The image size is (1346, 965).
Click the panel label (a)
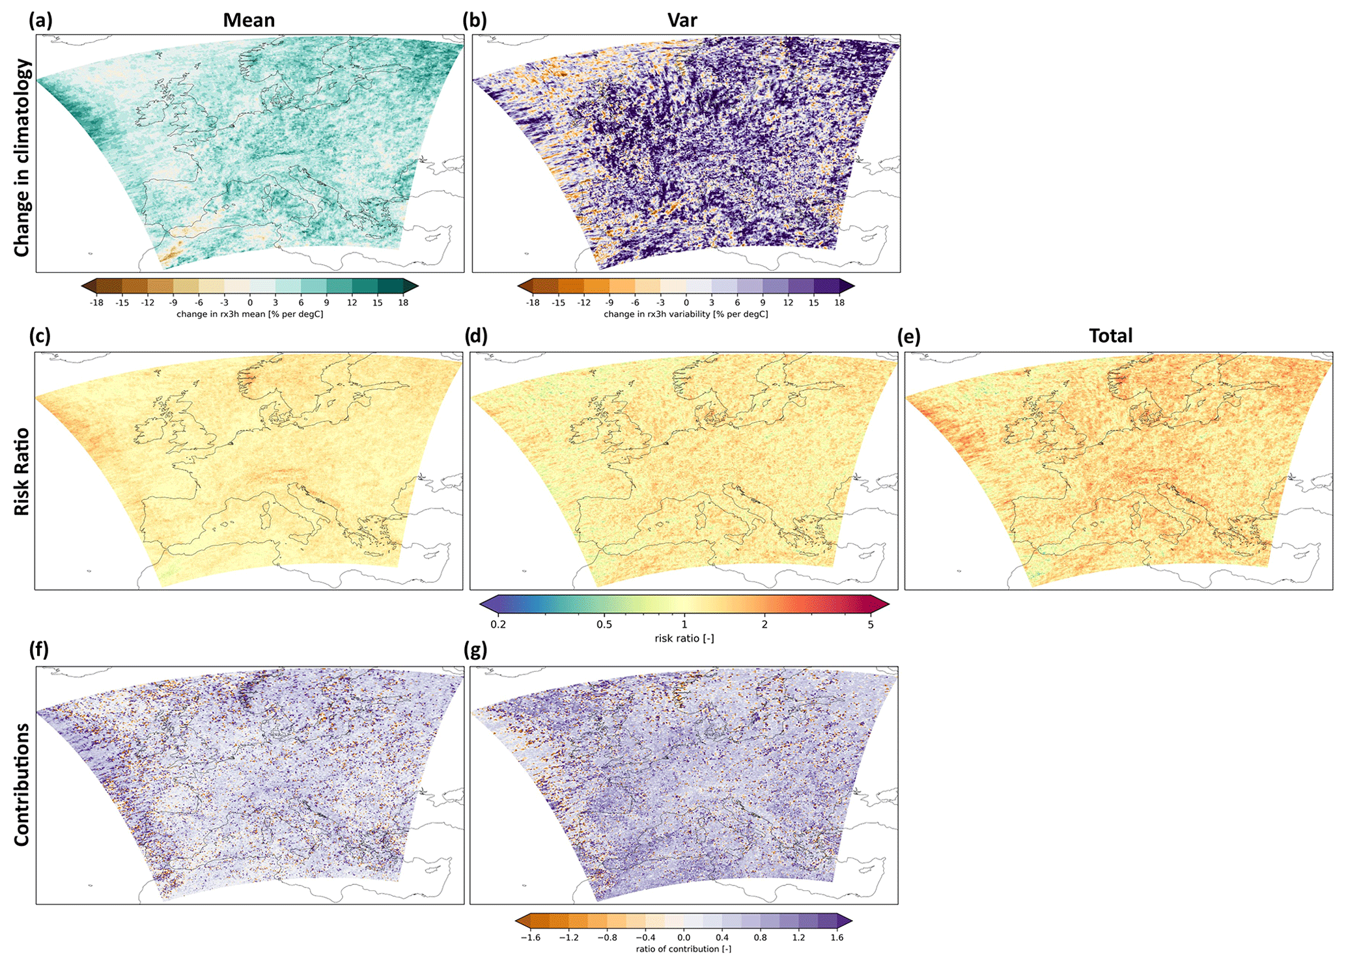point(40,20)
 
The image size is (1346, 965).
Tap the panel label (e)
point(909,336)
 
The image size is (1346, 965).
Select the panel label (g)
point(476,650)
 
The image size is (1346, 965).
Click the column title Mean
point(249,20)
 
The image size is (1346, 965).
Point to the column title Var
point(682,20)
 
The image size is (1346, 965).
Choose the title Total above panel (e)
point(1110,335)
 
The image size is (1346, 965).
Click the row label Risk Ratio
point(21,471)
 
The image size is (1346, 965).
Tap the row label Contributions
point(21,784)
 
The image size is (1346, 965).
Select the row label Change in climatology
point(21,158)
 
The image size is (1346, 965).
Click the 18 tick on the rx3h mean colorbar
point(403,303)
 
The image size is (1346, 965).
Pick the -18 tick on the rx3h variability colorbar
point(532,303)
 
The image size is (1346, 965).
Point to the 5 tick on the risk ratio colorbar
point(871,624)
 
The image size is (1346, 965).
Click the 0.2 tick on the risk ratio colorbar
point(498,624)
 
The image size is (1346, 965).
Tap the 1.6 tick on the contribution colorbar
point(837,938)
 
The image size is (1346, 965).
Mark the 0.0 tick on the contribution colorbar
point(683,938)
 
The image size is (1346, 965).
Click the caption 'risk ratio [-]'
point(684,638)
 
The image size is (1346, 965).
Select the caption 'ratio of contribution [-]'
point(683,949)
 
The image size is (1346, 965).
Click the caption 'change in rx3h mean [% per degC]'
point(249,314)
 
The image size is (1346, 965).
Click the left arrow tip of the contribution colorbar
point(516,920)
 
